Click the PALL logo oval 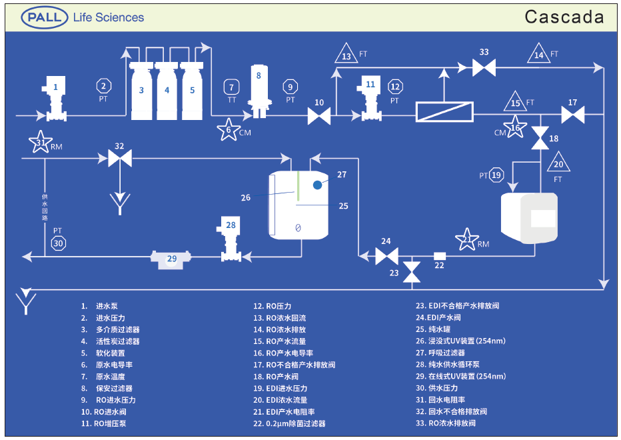tap(45, 17)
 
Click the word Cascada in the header tap(564, 17)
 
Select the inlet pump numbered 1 tap(55, 100)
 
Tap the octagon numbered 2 tap(103, 85)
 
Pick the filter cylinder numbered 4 tap(167, 91)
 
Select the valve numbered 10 tap(319, 117)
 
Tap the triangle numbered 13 tap(346, 54)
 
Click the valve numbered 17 tap(572, 116)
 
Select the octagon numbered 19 tap(496, 175)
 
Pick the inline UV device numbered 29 tap(172, 258)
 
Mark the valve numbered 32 tap(119, 159)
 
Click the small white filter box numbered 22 tap(439, 255)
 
